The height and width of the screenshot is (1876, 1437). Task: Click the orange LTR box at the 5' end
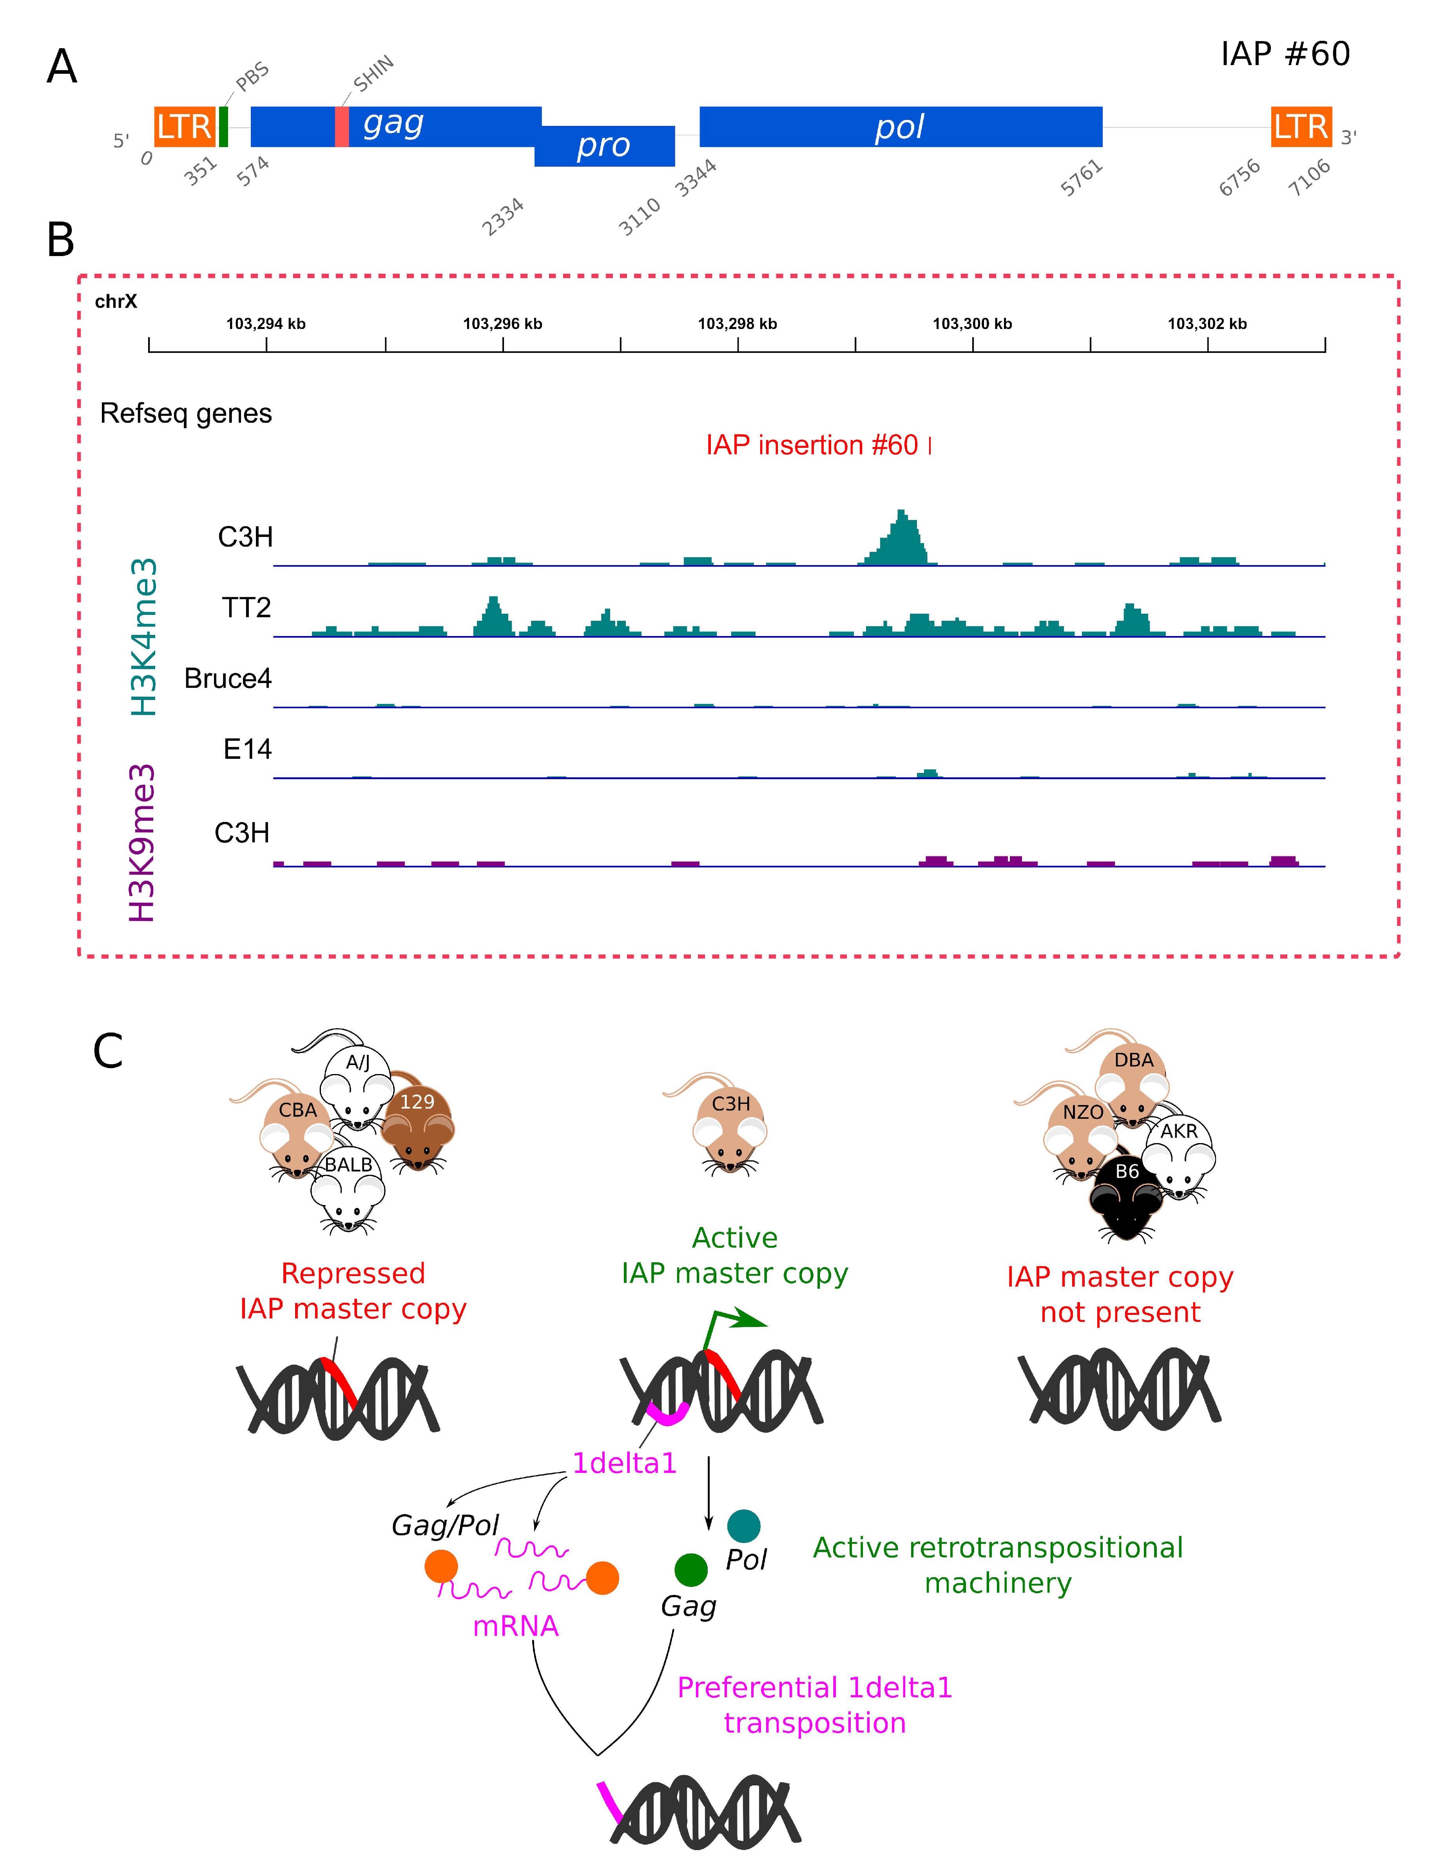pyautogui.click(x=184, y=127)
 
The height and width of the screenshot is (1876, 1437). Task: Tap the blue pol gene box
pyautogui.click(x=900, y=127)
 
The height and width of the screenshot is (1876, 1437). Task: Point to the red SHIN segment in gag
pyautogui.click(x=341, y=127)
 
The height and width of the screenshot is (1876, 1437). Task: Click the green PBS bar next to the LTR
pyautogui.click(x=223, y=127)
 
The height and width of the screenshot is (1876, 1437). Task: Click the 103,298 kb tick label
pyautogui.click(x=738, y=324)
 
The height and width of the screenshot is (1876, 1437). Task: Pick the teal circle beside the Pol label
pyautogui.click(x=743, y=1525)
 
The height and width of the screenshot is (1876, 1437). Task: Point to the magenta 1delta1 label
pyautogui.click(x=624, y=1463)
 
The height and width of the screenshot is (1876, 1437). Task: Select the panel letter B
pyautogui.click(x=61, y=240)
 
